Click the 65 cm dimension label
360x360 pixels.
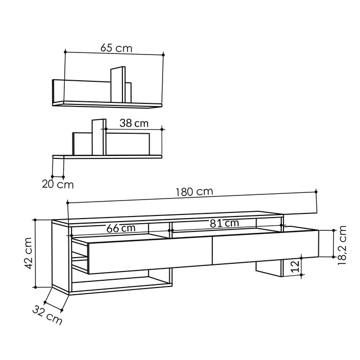116,48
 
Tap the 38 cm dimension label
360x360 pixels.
134,123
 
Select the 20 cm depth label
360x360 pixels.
58,184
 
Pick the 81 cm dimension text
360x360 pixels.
224,223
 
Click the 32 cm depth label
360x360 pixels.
47,315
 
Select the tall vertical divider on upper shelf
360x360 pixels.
118,85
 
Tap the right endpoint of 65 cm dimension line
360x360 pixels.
164,54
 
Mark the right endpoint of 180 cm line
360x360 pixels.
316,191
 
